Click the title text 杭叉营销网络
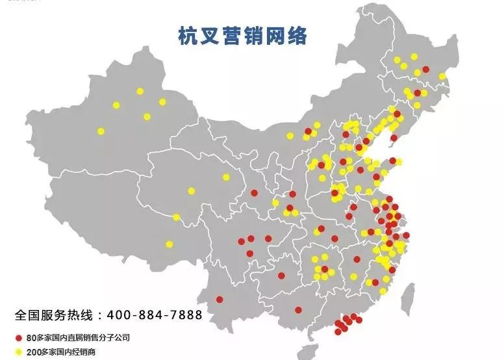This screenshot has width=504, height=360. coord(242,36)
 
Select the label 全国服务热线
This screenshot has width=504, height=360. coord(55,315)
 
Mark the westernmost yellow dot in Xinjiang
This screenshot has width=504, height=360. coord(101,131)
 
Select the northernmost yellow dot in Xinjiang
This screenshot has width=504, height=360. coord(140,91)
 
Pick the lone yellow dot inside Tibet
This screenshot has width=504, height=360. coord(170,244)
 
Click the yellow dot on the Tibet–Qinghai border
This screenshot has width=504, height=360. coord(176,217)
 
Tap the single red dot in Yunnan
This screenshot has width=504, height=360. coord(220,300)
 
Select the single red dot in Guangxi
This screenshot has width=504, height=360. coord(298,310)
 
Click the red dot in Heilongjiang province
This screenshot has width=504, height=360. coord(425,70)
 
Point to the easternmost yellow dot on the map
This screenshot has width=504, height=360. coord(443,76)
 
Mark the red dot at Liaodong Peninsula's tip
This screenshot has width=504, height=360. coord(393,138)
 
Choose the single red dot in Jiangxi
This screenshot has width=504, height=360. coord(357,259)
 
